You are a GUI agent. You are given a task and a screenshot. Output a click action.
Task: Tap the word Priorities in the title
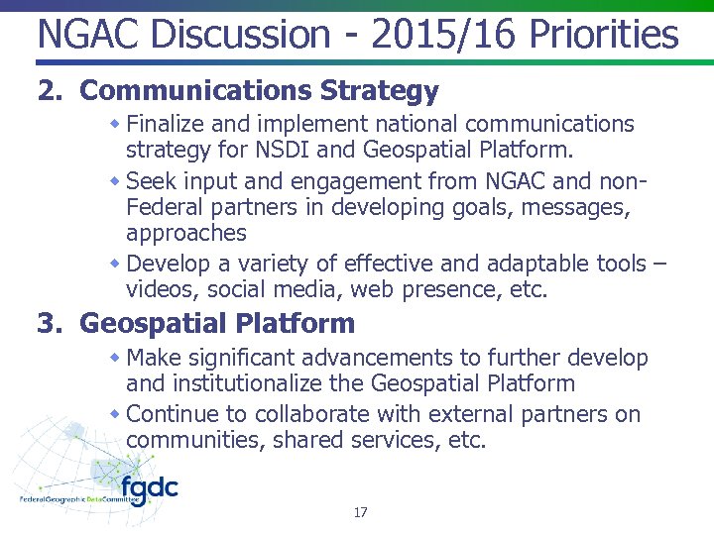[604, 36]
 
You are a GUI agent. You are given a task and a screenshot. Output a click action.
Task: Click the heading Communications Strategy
[259, 91]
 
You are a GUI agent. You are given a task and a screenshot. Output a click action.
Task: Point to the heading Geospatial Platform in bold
[217, 323]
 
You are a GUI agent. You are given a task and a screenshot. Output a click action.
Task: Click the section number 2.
[49, 91]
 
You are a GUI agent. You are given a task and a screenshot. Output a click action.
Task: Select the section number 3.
[49, 323]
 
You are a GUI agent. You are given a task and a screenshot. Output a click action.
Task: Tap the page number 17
[360, 512]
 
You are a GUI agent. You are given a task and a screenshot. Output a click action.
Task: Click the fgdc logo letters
[149, 489]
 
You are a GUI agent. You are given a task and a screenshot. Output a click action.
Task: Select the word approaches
[186, 234]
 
